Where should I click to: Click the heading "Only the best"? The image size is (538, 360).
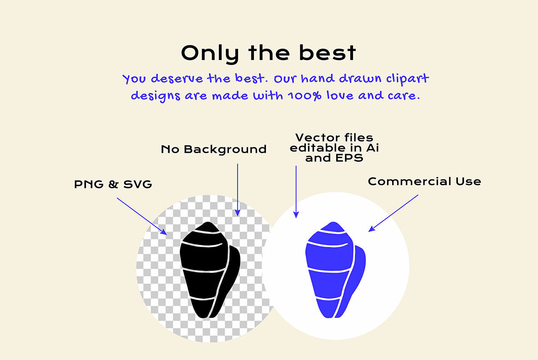pos(269,53)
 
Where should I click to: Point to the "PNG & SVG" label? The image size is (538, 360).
pos(113,185)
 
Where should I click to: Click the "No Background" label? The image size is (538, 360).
pos(214,149)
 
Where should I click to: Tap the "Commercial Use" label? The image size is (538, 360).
pos(424,181)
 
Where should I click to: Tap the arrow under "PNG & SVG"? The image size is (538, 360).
pos(142,216)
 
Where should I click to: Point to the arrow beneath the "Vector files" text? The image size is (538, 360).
pos(296,191)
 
